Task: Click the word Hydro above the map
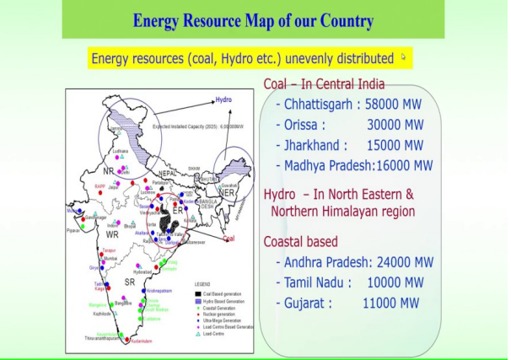223,99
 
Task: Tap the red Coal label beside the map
228,239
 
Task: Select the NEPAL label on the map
168,172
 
